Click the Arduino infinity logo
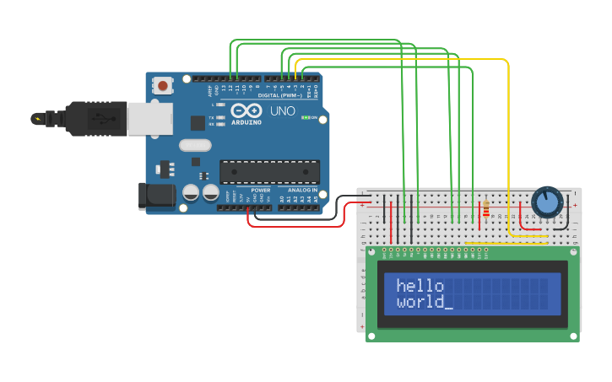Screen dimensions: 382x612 pos(246,111)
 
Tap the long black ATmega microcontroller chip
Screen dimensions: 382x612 pos(269,171)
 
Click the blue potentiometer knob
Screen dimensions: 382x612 pos(547,202)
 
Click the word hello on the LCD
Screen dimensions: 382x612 pos(420,287)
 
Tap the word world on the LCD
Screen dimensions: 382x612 pos(420,302)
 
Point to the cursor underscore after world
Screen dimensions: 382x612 pos(448,307)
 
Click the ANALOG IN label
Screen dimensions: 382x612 pos(302,191)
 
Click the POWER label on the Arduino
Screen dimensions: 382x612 pos(261,191)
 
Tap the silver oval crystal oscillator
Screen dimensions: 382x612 pos(195,144)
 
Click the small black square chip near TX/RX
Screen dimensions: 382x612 pos(198,123)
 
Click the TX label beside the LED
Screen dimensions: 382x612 pos(210,117)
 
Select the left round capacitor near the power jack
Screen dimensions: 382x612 pos(191,193)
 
